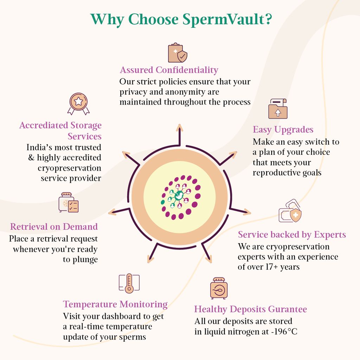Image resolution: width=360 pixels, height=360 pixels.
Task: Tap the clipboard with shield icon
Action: (x=178, y=53)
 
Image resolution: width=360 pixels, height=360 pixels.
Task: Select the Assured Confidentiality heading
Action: (x=169, y=70)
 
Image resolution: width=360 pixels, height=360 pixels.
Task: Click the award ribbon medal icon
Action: (x=78, y=104)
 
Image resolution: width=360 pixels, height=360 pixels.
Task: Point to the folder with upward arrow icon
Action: (x=278, y=109)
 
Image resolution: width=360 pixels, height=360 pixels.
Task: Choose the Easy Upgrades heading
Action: (x=283, y=130)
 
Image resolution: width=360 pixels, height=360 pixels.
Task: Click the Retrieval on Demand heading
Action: (x=54, y=227)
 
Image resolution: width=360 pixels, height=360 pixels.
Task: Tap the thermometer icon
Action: (x=129, y=283)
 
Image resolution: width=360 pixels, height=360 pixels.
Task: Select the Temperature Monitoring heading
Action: (x=115, y=304)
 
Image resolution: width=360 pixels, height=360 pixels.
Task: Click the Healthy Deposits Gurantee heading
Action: (x=250, y=309)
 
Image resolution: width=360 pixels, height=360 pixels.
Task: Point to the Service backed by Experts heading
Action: (x=292, y=234)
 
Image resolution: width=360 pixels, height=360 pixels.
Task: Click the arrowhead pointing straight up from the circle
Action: (x=180, y=128)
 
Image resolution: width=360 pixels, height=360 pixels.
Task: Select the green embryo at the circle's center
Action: (x=179, y=196)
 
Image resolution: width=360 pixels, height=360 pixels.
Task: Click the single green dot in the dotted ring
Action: (x=162, y=202)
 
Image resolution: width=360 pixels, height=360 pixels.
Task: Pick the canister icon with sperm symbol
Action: (x=219, y=288)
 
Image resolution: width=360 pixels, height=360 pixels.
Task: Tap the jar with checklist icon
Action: (x=69, y=202)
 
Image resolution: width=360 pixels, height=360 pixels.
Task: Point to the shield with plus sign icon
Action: (x=296, y=215)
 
